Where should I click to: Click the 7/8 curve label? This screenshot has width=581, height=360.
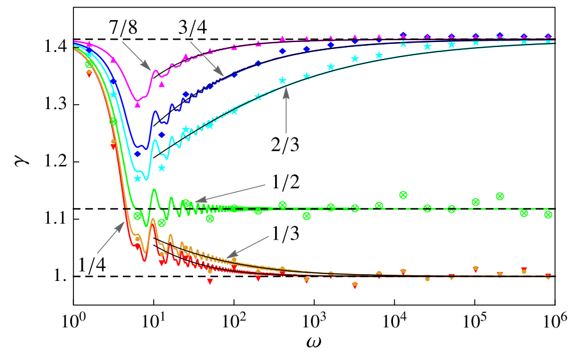[x=123, y=28]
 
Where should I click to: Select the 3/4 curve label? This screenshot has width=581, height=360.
[x=192, y=28]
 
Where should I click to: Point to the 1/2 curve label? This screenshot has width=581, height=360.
[x=286, y=182]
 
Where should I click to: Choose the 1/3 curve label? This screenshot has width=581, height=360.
[x=286, y=234]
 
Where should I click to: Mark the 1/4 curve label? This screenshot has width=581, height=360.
[x=93, y=265]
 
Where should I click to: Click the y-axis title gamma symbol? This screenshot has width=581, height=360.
[x=22, y=162]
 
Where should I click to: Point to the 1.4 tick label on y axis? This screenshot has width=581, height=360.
[x=56, y=47]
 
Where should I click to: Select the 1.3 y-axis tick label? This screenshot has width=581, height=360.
[x=56, y=105]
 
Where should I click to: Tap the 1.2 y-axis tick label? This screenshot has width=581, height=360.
[x=56, y=162]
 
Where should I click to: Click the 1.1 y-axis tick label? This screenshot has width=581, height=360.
[x=56, y=219]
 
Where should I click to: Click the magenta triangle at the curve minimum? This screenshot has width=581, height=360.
[x=137, y=105]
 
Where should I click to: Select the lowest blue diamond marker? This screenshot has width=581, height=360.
[x=137, y=154]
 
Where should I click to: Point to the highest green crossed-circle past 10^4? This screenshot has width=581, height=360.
[x=403, y=194]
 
